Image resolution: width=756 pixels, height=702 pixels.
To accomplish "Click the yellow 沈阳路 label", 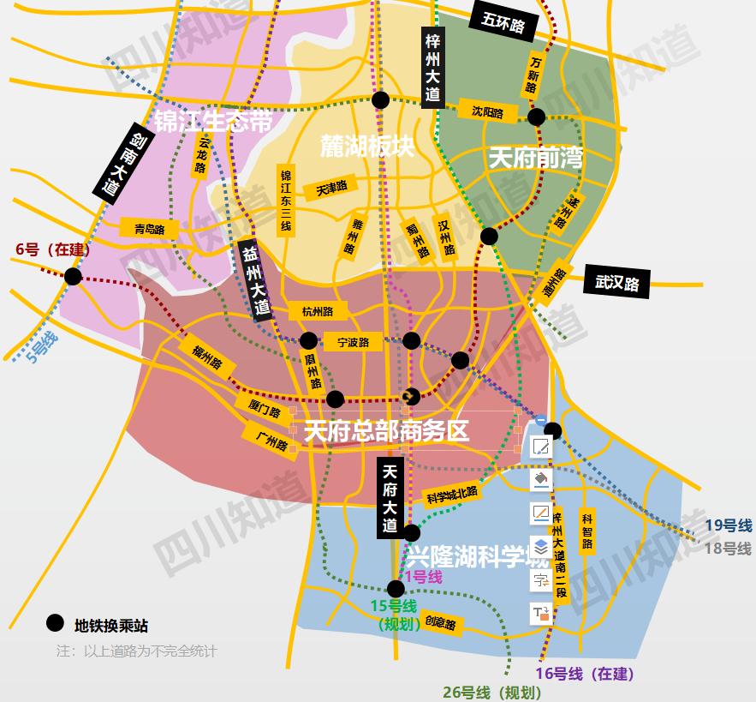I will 487,112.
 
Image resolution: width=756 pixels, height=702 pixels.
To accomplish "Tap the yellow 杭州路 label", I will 318,310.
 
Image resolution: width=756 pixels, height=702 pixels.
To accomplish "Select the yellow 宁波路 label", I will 353,342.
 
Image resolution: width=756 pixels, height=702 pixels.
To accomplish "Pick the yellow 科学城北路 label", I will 451,494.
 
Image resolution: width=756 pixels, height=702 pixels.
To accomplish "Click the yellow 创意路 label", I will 438,623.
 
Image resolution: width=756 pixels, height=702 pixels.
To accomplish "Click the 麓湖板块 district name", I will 367,146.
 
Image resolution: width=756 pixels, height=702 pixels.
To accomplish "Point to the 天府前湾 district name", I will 535,159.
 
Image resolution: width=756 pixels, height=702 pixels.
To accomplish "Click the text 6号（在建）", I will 53,249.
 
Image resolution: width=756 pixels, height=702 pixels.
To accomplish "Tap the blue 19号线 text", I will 728,525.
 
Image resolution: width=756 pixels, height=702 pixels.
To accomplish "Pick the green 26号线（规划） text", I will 491,692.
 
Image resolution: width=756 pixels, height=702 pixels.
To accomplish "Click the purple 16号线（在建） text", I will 585,674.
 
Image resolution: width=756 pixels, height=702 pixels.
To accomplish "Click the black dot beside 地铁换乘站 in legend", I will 56,624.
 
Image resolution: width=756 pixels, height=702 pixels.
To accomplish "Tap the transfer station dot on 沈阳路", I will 536,117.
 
